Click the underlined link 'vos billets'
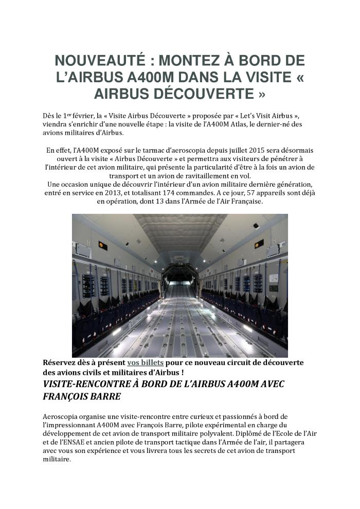pyautogui.click(x=146, y=362)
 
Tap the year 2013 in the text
pyautogui.click(x=122, y=193)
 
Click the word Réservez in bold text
pyautogui.click(x=62, y=362)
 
